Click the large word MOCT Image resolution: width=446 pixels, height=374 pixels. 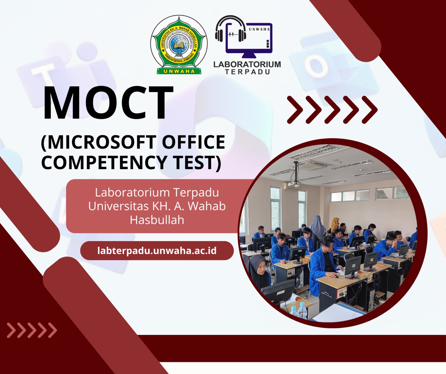pyautogui.click(x=108, y=103)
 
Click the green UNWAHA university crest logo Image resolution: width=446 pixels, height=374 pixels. pyautogui.click(x=179, y=44)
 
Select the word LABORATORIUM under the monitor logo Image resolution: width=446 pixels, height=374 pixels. pyautogui.click(x=247, y=64)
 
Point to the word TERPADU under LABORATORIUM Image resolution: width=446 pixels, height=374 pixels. pyautogui.click(x=247, y=72)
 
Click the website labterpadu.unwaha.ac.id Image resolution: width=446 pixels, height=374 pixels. pyautogui.click(x=157, y=250)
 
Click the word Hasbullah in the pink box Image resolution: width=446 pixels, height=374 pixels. pyautogui.click(x=157, y=220)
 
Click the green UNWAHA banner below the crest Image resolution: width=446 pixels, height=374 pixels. pyautogui.click(x=179, y=71)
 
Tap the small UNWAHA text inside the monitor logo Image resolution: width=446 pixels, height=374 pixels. pyautogui.click(x=259, y=29)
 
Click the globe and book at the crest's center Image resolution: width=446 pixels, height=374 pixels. pyautogui.click(x=179, y=45)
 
